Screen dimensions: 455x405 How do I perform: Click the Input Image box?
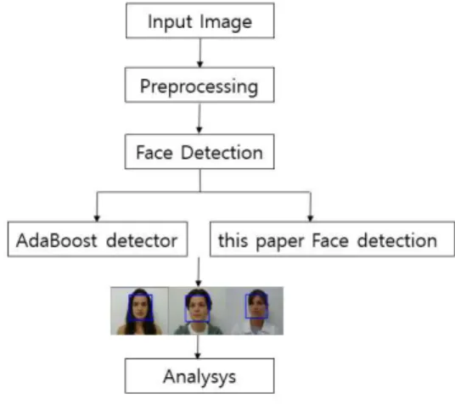pyautogui.click(x=200, y=20)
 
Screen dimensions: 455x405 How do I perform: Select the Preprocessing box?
pyautogui.click(x=199, y=85)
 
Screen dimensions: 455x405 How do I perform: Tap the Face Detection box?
pyautogui.click(x=199, y=151)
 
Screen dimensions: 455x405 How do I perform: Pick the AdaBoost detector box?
pyautogui.click(x=98, y=239)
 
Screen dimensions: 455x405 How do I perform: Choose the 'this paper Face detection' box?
pyautogui.click(x=332, y=239)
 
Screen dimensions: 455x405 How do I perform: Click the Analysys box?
pyautogui.click(x=199, y=376)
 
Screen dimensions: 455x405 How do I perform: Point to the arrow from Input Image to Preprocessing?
pyautogui.click(x=200, y=53)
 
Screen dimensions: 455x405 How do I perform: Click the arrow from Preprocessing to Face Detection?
pyautogui.click(x=199, y=118)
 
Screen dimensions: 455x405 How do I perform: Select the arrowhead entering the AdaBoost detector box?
pyautogui.click(x=97, y=218)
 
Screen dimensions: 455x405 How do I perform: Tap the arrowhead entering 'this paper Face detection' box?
pyautogui.click(x=310, y=218)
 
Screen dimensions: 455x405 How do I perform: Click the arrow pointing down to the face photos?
pyautogui.click(x=199, y=272)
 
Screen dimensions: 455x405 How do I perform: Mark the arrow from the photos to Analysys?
pyautogui.click(x=198, y=346)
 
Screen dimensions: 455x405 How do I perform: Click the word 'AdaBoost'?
pyautogui.click(x=57, y=240)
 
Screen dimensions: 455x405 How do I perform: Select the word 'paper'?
pyautogui.click(x=280, y=242)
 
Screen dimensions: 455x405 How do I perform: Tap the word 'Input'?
pyautogui.click(x=170, y=22)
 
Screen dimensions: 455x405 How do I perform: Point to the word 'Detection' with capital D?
pyautogui.click(x=222, y=153)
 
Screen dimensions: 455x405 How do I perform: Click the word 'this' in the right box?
pyautogui.click(x=233, y=240)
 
